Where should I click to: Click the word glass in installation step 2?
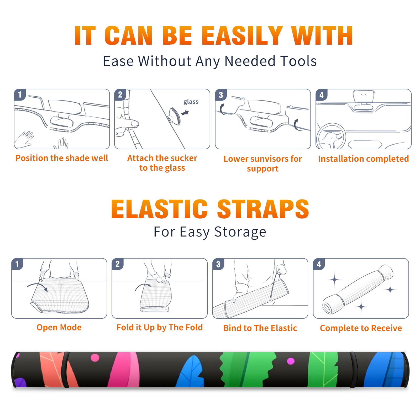[x=191, y=102]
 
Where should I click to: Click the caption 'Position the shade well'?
[x=62, y=158]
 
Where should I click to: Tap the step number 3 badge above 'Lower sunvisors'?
[x=221, y=95]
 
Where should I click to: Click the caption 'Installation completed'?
[x=363, y=159]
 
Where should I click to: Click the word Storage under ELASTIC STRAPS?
[x=240, y=232]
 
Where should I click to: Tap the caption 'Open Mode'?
[x=59, y=327]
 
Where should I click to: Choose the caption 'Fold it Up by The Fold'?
[x=160, y=328]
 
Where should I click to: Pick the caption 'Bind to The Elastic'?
[x=260, y=328]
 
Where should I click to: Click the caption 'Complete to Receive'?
[x=361, y=328]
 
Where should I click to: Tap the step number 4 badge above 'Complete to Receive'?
[x=319, y=264]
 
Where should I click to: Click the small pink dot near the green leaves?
[x=291, y=361]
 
